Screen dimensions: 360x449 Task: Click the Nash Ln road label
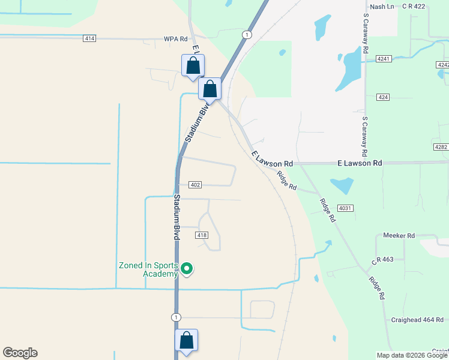(x=382, y=7)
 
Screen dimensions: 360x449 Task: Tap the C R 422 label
(x=413, y=7)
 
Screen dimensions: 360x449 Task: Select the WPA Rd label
(x=176, y=39)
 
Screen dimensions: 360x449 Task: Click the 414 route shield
(x=89, y=38)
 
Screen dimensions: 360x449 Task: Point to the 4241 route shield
(x=384, y=59)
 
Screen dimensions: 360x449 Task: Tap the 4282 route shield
(x=441, y=147)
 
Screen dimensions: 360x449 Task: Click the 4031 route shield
(x=345, y=208)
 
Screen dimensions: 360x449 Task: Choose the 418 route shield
(x=202, y=235)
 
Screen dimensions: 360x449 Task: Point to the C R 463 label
(x=382, y=260)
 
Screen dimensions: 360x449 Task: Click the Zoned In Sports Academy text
(x=148, y=270)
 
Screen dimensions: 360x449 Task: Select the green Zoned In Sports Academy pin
(x=187, y=269)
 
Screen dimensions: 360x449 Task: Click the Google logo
(x=20, y=353)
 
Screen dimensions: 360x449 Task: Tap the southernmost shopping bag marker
(x=187, y=340)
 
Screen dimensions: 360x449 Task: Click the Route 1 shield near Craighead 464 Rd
(x=176, y=317)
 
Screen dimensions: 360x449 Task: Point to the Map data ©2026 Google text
(x=411, y=355)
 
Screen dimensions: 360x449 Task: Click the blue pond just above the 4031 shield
(x=341, y=186)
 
